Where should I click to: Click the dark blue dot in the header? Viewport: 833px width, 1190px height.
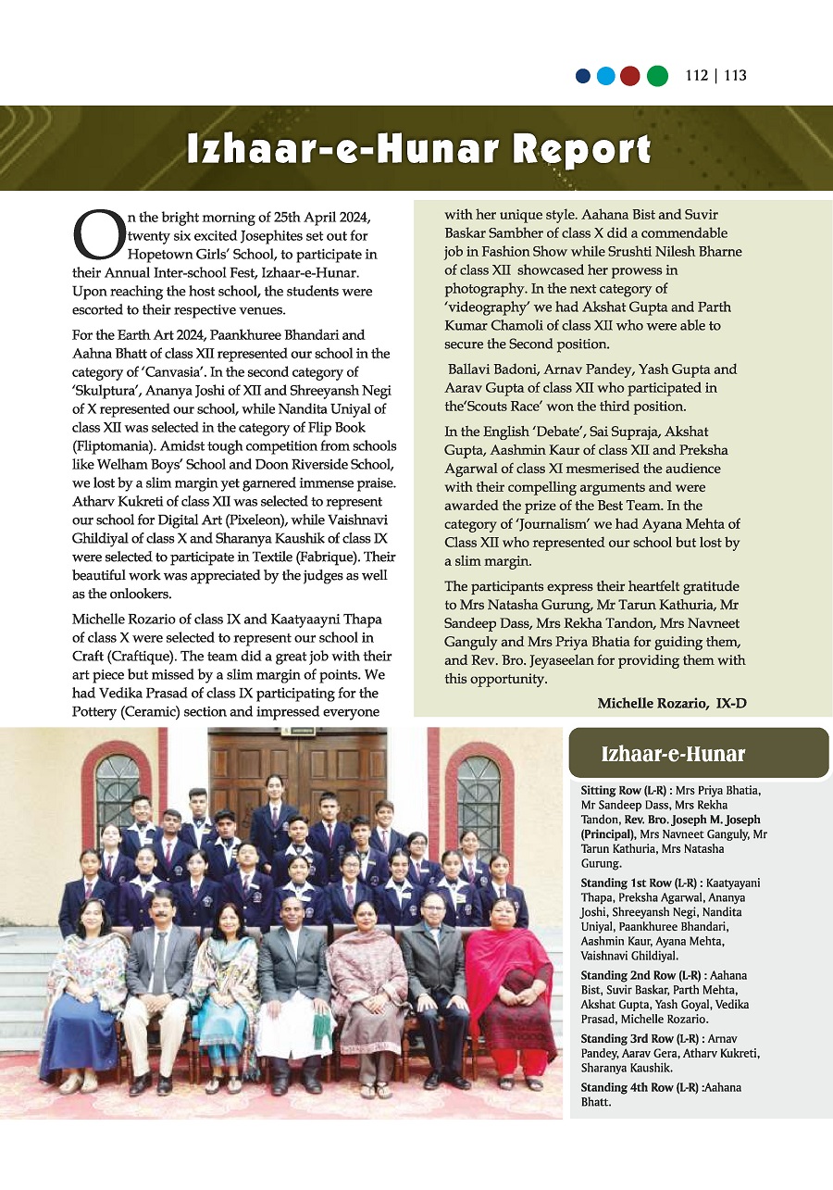(x=582, y=76)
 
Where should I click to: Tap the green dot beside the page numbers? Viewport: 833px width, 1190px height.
(x=656, y=76)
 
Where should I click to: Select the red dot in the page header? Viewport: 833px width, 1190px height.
(x=630, y=76)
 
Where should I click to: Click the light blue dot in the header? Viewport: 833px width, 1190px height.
(x=606, y=76)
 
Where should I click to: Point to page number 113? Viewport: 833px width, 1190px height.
(x=736, y=76)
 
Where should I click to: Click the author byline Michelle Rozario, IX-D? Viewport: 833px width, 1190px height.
(x=671, y=704)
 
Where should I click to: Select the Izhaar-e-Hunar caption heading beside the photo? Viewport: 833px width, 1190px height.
(x=673, y=754)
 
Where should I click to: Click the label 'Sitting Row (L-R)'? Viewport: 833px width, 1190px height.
(x=625, y=791)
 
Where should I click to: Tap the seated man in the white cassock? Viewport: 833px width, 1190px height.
(x=294, y=982)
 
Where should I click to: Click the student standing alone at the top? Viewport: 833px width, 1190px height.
(x=273, y=806)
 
